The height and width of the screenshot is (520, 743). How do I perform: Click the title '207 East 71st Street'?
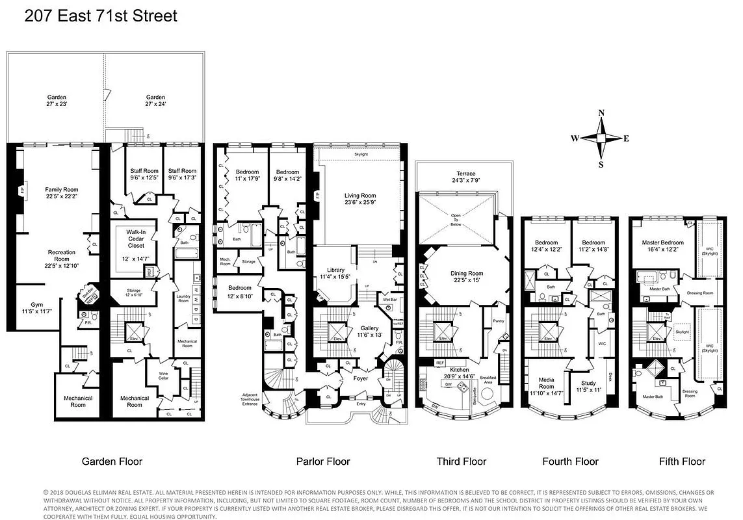[x=101, y=16]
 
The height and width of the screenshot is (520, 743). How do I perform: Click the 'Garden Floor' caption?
[x=112, y=462]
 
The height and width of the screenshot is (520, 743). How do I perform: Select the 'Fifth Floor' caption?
[x=682, y=462]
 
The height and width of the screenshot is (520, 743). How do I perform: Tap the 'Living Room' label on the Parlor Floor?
[x=360, y=196]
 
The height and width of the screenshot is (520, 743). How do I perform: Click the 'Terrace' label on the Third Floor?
[x=465, y=174]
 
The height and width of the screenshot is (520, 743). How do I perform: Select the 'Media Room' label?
[x=546, y=383]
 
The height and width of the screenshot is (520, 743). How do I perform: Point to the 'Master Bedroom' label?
[x=662, y=242]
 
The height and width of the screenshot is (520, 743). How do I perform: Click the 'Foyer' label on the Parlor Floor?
[x=360, y=378]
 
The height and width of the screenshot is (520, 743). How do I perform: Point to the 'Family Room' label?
[x=61, y=189]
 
